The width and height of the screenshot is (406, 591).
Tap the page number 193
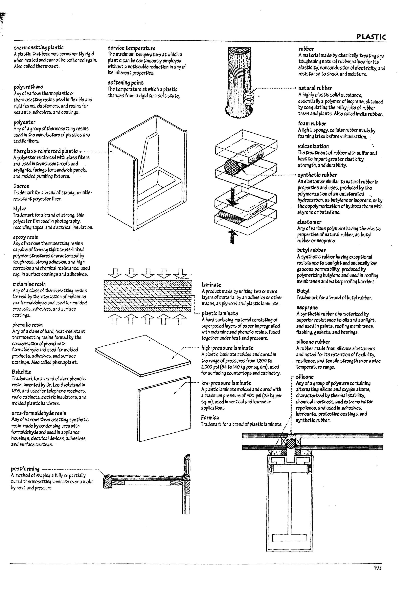377,568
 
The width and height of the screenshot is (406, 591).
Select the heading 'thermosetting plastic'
38,48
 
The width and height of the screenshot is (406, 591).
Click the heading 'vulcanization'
313,146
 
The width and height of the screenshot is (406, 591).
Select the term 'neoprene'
307,307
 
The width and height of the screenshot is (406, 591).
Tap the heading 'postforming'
25,469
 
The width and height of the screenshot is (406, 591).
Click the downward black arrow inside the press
232,197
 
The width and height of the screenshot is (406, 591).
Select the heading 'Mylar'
20,209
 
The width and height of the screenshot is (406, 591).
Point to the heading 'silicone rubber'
313,342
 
